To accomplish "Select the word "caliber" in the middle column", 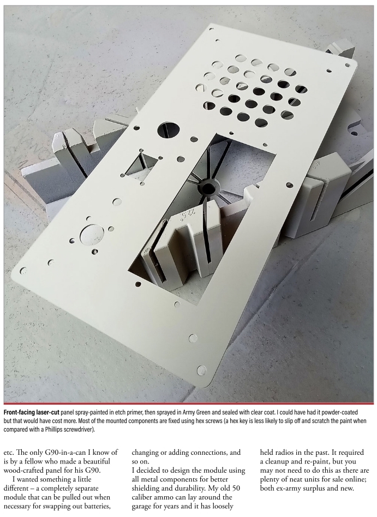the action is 144,497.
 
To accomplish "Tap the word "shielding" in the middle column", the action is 147,488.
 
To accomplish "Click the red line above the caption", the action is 189,403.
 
